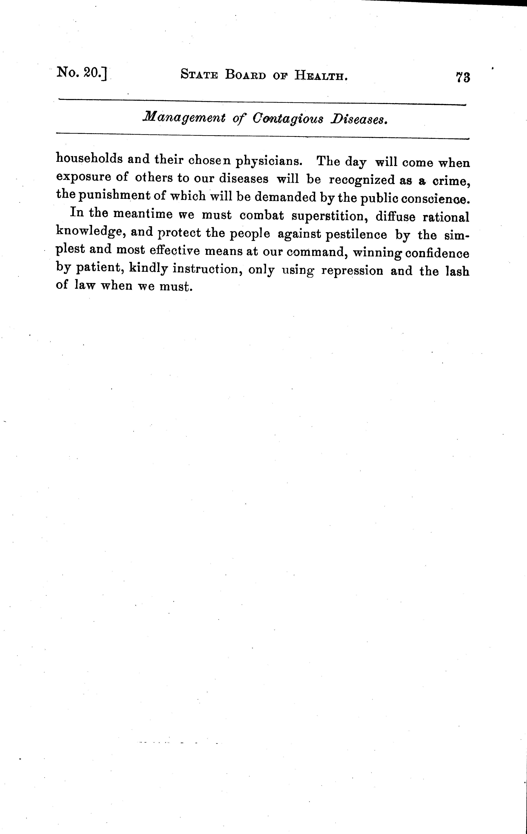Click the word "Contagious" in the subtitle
(287, 119)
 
